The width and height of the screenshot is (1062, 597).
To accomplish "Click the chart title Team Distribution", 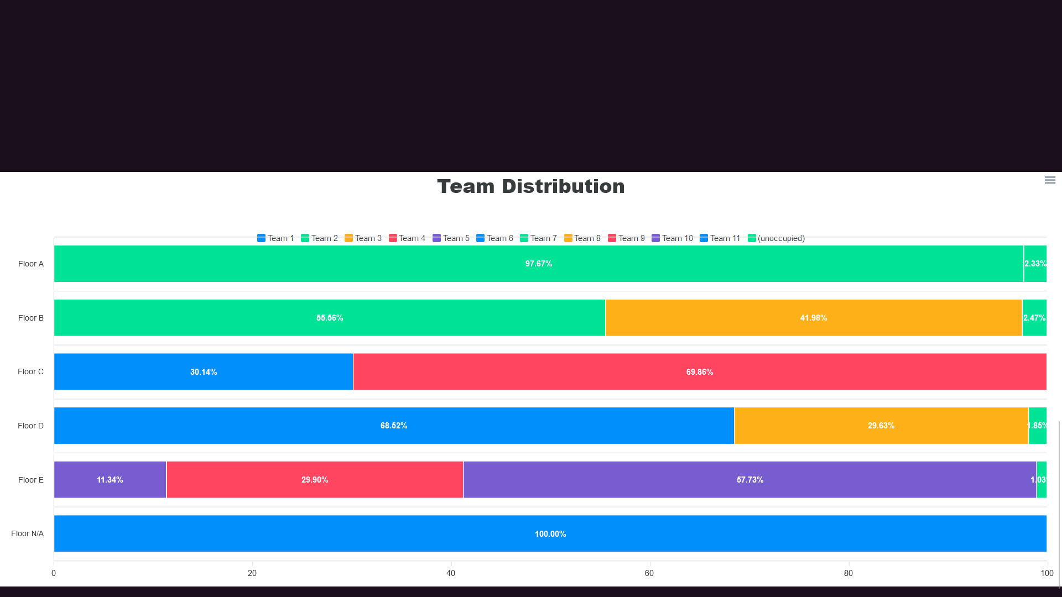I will pyautogui.click(x=530, y=186).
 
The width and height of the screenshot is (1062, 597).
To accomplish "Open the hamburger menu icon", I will pyautogui.click(x=1050, y=180).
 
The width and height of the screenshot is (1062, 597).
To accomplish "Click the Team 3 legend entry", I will pyautogui.click(x=363, y=238).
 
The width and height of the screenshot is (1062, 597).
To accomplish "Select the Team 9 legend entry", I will pyautogui.click(x=626, y=238).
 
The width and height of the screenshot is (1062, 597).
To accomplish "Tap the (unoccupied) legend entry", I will pyautogui.click(x=776, y=238).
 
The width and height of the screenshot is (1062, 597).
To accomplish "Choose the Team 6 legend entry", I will pyautogui.click(x=494, y=238).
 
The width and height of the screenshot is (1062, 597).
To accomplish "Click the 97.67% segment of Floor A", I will pyautogui.click(x=538, y=264).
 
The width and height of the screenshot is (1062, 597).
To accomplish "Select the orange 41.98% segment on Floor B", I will pyautogui.click(x=813, y=318).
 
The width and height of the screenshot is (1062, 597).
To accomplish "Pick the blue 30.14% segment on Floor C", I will pyautogui.click(x=203, y=372).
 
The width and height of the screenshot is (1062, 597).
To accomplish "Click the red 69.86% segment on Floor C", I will pyautogui.click(x=699, y=372).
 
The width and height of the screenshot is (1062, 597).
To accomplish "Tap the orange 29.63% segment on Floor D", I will pyautogui.click(x=881, y=426).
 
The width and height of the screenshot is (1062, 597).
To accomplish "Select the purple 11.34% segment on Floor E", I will pyautogui.click(x=110, y=480).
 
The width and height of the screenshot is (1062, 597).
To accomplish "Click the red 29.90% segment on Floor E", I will pyautogui.click(x=314, y=480).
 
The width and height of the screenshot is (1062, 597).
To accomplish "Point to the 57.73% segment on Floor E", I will pyautogui.click(x=749, y=480).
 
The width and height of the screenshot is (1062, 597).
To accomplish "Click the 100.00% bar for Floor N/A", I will pyautogui.click(x=550, y=534).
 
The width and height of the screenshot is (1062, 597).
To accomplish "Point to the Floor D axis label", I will pyautogui.click(x=30, y=426).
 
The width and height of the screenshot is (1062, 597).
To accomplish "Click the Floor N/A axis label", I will pyautogui.click(x=27, y=533).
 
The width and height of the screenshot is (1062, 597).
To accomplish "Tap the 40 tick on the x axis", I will pyautogui.click(x=451, y=573).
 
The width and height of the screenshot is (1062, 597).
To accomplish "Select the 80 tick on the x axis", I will pyautogui.click(x=848, y=573).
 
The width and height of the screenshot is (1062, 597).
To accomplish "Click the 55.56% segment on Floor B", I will pyautogui.click(x=329, y=318).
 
